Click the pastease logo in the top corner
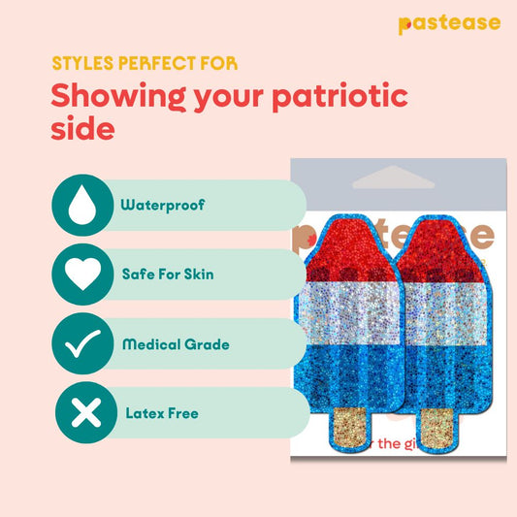tap(448, 23)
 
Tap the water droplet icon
tap(83, 206)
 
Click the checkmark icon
tap(83, 344)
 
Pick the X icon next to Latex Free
tap(83, 414)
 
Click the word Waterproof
tap(162, 206)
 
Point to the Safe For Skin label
tap(167, 275)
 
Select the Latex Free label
tap(161, 413)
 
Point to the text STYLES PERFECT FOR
tap(144, 64)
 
